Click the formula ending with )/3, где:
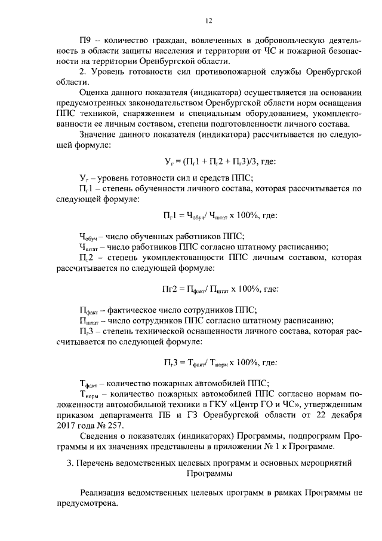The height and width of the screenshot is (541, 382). [x=220, y=161]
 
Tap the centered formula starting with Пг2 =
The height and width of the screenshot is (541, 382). [x=221, y=289]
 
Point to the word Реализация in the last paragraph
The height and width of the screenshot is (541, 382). [x=105, y=493]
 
